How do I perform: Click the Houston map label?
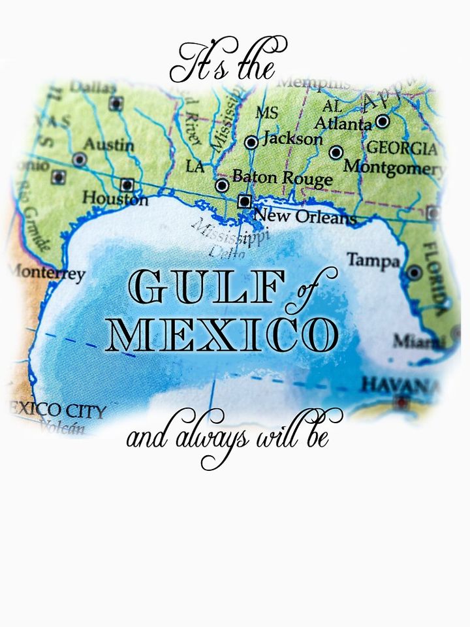115,199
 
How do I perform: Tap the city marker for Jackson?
251,142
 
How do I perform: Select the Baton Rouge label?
282,178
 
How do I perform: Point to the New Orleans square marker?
245,201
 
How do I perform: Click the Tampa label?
373,260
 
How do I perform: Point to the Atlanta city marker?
383,121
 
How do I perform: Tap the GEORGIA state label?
401,147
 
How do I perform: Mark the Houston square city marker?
127,185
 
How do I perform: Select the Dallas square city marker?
116,103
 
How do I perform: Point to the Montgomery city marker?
336,153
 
